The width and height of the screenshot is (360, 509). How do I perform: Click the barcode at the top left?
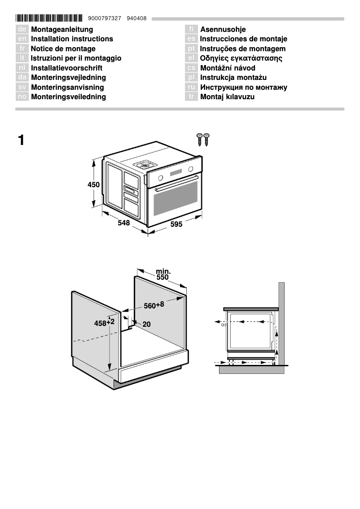[49, 18]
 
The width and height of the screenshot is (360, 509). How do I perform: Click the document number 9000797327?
[105, 18]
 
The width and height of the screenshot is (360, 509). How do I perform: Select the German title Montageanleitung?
[62, 30]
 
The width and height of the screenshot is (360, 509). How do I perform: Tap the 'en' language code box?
[22, 39]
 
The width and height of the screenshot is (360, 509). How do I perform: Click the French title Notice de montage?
[63, 49]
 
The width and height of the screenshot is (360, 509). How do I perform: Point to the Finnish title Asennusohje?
[223, 30]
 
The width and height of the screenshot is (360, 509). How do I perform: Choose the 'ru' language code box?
[191, 88]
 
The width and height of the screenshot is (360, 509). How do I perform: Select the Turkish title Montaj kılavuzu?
[227, 97]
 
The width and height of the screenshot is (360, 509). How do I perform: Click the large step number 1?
[21, 140]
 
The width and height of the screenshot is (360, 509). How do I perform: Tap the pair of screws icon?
[203, 139]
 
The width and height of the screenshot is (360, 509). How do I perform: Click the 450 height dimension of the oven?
[93, 184]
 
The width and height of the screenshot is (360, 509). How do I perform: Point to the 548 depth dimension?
[124, 223]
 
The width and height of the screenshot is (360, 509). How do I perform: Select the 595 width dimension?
[176, 224]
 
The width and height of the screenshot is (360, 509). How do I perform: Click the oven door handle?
[176, 184]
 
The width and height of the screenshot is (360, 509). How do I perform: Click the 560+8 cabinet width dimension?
[154, 306]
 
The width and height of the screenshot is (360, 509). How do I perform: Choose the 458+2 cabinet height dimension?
[104, 323]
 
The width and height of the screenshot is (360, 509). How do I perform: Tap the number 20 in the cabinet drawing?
[146, 324]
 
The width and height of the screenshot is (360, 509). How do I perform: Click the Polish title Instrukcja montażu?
[233, 78]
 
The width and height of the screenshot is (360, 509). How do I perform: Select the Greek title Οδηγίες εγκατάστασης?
[241, 58]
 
